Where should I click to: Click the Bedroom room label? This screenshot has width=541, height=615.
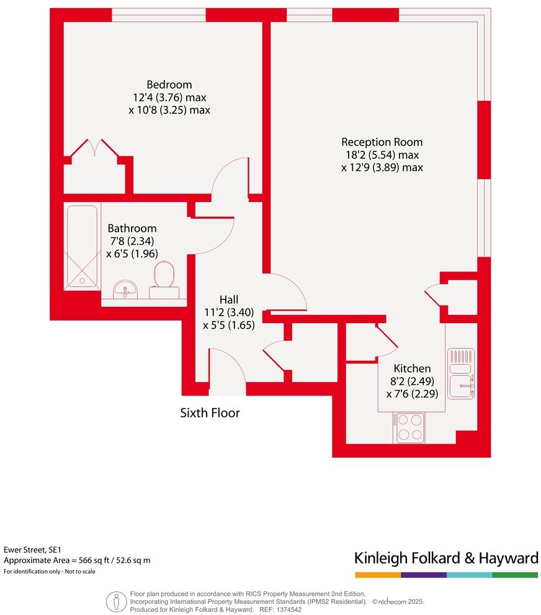point(169,85)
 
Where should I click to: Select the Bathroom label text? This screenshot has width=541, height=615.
point(132,228)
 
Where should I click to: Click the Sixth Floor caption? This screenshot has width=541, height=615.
point(210,412)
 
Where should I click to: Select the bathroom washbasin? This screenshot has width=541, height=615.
point(126,289)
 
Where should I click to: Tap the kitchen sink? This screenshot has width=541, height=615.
point(461,384)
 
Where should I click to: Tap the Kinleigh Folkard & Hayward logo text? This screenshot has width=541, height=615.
point(445,558)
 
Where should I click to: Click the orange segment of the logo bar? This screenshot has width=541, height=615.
point(377,575)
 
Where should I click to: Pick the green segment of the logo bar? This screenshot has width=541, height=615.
point(515,575)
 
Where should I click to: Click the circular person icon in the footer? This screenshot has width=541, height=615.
point(115,600)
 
